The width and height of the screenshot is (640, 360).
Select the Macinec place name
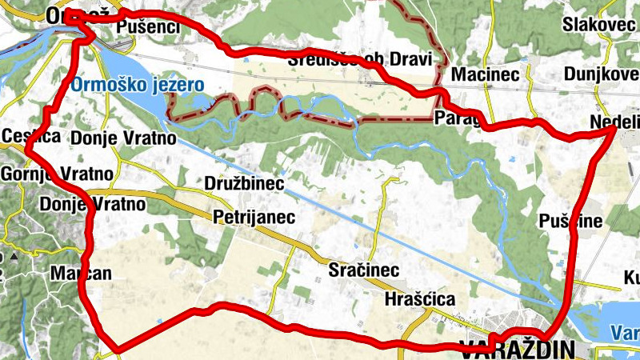pyautogui.click(x=486, y=74)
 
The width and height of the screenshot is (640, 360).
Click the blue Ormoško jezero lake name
pyautogui.click(x=137, y=84)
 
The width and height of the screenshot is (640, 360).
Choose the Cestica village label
pyautogui.click(x=31, y=136)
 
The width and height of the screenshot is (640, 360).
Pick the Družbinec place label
pyautogui.click(x=246, y=184)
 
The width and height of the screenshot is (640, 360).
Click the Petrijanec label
pyautogui.click(x=254, y=217)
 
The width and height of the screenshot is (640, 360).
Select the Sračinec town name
pyautogui.click(x=364, y=270)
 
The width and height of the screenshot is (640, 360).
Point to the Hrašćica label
pyautogui.click(x=420, y=299)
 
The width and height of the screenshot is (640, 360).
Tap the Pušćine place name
pyautogui.click(x=570, y=222)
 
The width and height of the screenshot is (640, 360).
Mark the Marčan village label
pyautogui.click(x=81, y=273)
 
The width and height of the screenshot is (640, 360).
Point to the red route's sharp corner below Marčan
pyautogui.click(x=118, y=349)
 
